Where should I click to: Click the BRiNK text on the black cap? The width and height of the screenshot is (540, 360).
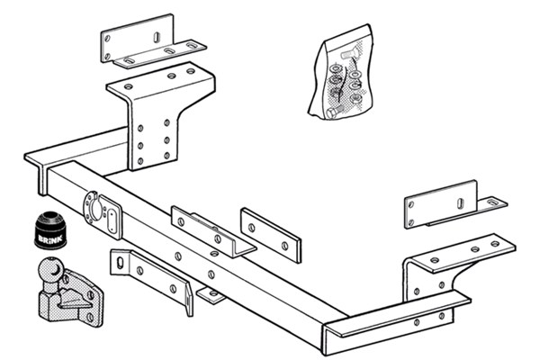coord(50,238)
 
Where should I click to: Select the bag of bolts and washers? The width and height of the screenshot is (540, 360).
coord(341,72)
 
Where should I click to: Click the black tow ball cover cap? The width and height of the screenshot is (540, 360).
coord(50,229)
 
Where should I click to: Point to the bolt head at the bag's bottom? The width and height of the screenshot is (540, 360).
coord(332,112)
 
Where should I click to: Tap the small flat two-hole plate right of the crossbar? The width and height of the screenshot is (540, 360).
coord(271,235)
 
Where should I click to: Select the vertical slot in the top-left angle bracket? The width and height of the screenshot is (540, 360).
coord(157,37)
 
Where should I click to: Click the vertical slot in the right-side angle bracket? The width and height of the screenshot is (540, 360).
coord(461,203)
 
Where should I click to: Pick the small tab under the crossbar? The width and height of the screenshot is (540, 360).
coord(211,295)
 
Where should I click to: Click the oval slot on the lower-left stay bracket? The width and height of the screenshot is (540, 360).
coord(120,263)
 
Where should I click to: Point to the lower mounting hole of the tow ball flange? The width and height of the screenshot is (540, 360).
coord(90,317)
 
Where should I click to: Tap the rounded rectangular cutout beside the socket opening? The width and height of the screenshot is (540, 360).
coord(112,222)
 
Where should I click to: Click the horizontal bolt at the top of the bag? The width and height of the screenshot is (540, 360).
coord(348,54)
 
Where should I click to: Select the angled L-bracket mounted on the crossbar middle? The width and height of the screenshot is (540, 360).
coord(213,231)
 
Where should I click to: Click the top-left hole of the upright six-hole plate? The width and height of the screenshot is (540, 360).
coord(140,128)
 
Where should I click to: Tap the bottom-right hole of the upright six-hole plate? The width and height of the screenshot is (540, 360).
coord(166,156)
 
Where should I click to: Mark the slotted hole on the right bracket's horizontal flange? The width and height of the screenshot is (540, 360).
coord(492,202)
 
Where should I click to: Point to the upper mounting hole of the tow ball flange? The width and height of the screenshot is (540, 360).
coord(91,295)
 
